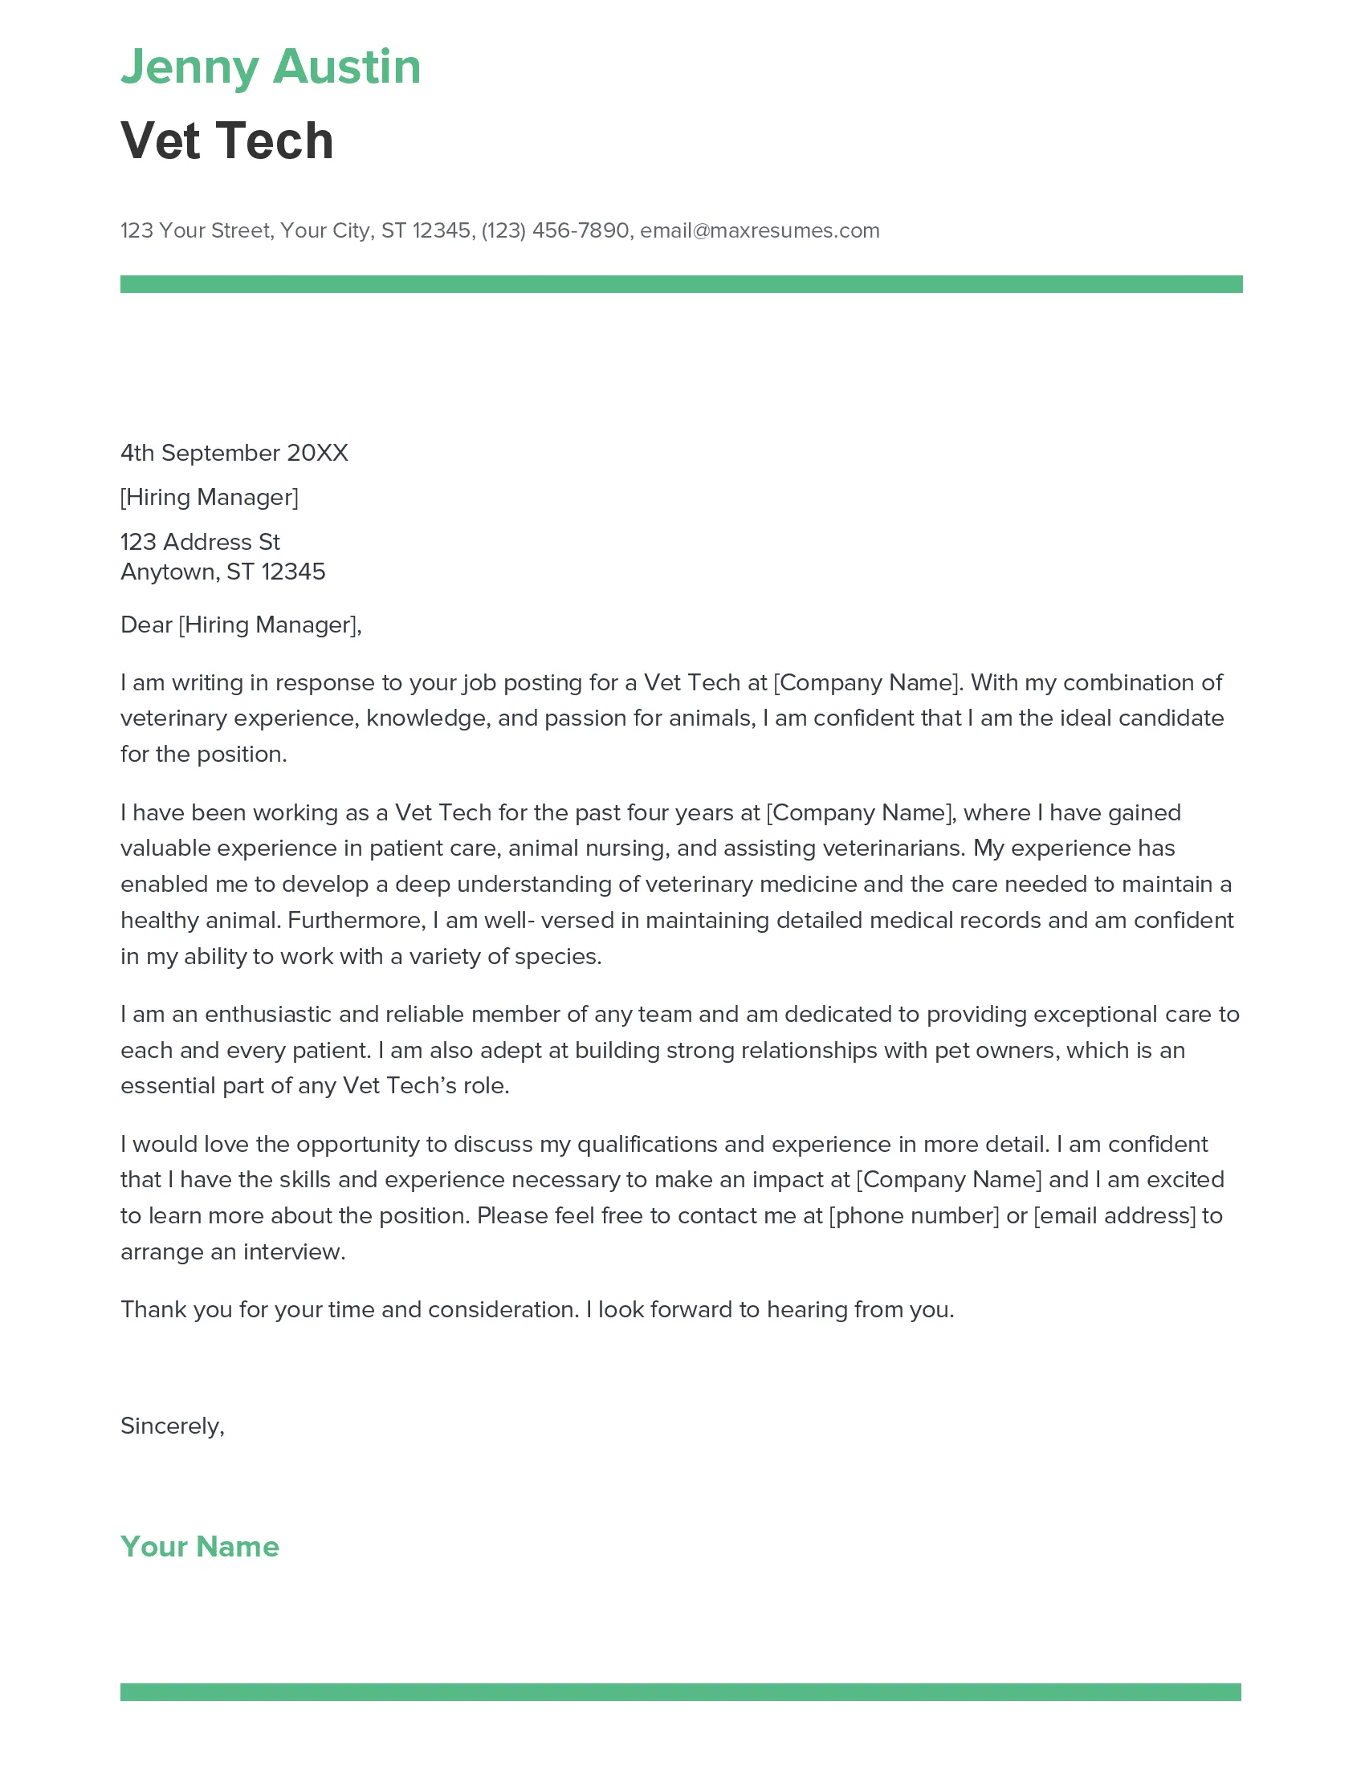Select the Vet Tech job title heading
(x=226, y=140)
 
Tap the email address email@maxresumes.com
(x=760, y=230)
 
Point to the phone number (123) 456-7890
(x=555, y=230)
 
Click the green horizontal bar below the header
(x=681, y=284)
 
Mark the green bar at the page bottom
(x=680, y=1691)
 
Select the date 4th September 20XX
(x=234, y=453)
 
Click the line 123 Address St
(x=200, y=542)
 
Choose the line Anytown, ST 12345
(x=222, y=572)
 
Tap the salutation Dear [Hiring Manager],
(x=240, y=625)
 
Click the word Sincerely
(x=169, y=1426)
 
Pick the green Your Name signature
(x=200, y=1546)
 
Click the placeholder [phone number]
(x=914, y=1215)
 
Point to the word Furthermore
(x=355, y=920)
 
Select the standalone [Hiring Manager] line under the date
(x=209, y=498)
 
